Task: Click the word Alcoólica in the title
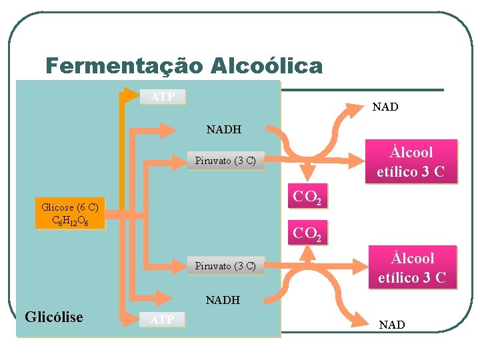click(266, 67)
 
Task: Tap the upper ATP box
click(163, 97)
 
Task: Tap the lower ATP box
click(163, 320)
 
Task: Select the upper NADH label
click(224, 129)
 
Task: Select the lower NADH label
click(223, 300)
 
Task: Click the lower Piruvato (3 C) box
click(225, 266)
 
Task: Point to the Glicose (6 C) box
click(70, 213)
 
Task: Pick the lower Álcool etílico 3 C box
click(412, 268)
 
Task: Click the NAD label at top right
click(385, 107)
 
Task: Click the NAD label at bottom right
click(391, 325)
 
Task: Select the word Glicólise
click(54, 317)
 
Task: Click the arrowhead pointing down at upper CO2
click(307, 175)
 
